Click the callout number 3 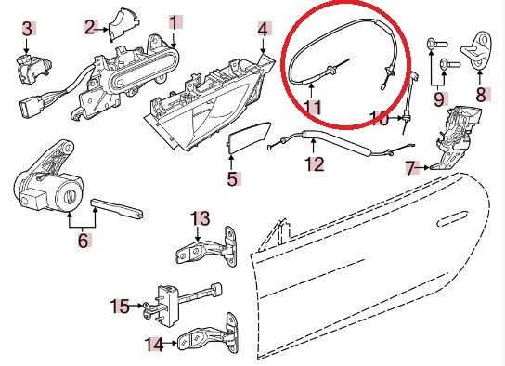pos(27,29)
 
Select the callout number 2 pos(90,27)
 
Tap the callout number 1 pos(174,22)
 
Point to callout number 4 pos(263,30)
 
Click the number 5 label pos(232,179)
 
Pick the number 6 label pos(84,240)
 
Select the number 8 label pos(481,95)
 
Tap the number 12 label pos(315,164)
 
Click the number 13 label pos(201,218)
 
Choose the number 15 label pos(120,306)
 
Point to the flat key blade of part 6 pos(117,208)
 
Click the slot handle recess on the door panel pos(452,219)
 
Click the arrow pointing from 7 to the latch pos(422,167)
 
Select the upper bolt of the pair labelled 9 pos(436,43)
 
